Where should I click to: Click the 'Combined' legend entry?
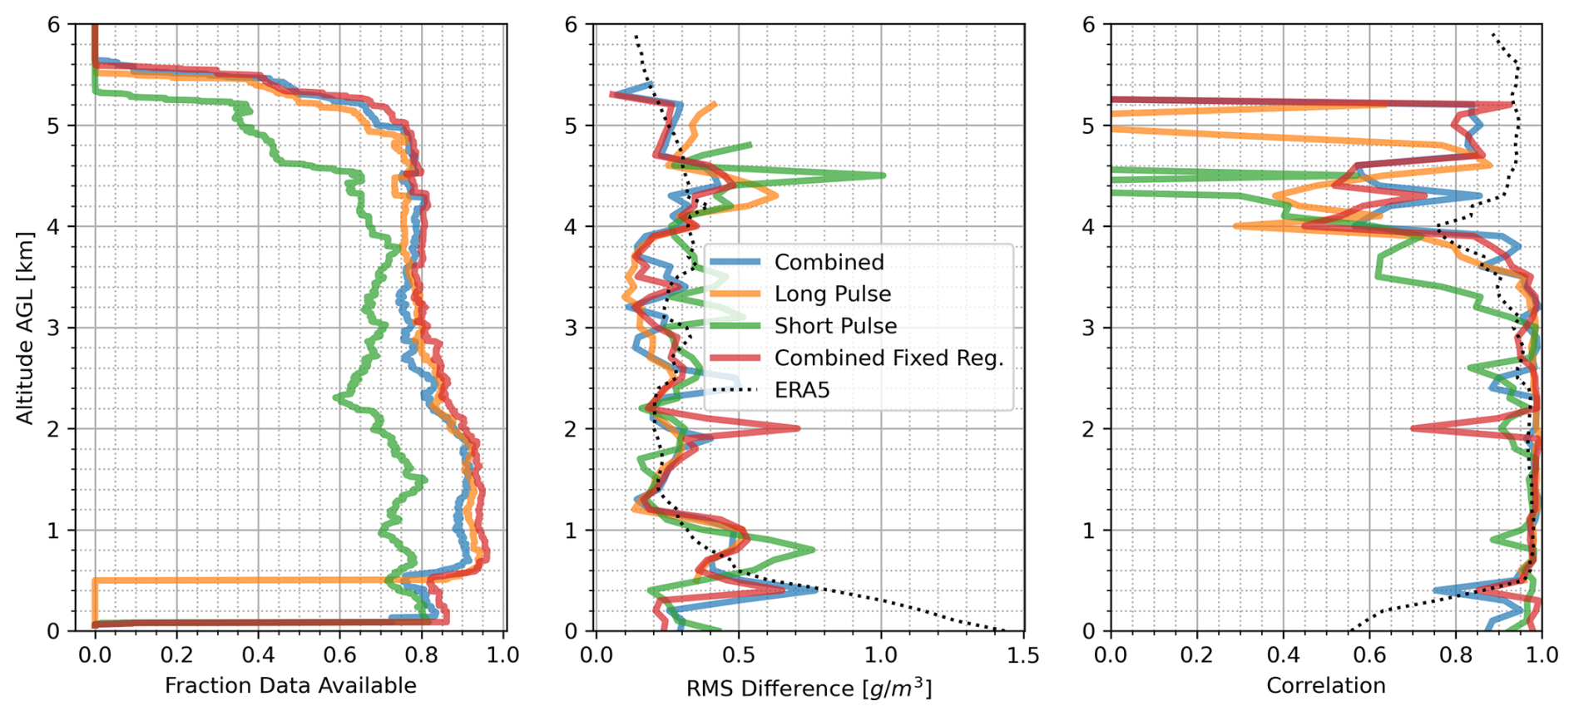coord(829,262)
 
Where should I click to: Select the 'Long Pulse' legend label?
coord(832,294)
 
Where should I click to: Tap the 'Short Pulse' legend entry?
coord(835,326)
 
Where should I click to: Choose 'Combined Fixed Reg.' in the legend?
coord(888,358)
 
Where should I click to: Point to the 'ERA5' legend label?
coord(802,390)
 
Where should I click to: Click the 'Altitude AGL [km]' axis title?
coord(25,328)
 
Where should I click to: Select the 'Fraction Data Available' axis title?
coord(290,685)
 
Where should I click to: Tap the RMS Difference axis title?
coord(809,688)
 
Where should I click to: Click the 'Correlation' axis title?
coord(1326,685)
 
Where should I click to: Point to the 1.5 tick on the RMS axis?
coord(1023,655)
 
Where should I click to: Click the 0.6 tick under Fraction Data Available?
coord(339,655)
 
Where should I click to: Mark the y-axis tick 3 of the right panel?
coord(1088,328)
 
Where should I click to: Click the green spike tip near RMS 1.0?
coord(884,175)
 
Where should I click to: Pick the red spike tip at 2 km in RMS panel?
coord(799,428)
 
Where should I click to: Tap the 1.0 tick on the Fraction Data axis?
coord(502,655)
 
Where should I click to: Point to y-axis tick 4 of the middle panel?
coord(571,227)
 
